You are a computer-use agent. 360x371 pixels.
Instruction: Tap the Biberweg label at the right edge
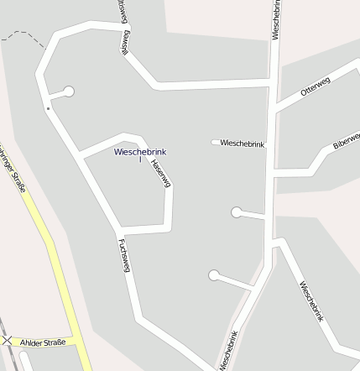[346, 140]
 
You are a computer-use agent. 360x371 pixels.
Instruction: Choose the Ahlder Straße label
[43, 342]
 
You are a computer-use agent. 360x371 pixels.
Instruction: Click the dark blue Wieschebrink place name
[140, 151]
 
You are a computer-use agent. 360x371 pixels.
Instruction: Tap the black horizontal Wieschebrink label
[242, 144]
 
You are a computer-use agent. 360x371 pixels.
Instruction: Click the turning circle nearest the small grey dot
[69, 91]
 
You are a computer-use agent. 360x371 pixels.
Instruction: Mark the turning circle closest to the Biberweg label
[237, 212]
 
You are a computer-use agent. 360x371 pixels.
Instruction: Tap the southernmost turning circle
[214, 274]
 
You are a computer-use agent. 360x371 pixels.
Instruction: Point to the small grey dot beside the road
[48, 108]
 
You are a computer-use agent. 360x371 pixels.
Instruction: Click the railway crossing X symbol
[8, 341]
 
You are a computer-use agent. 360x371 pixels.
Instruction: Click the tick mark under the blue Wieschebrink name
[140, 159]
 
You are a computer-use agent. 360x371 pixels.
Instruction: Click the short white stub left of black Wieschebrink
[215, 142]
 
